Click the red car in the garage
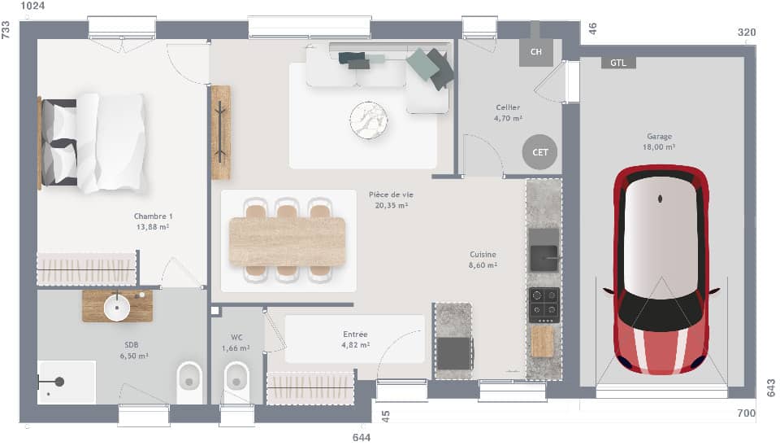coord(660,269)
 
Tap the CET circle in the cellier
coord(540,152)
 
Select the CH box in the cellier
coord(535,52)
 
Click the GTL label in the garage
coord(618,63)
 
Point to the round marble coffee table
coord(369,120)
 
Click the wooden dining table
coord(288,241)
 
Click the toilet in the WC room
coord(236,378)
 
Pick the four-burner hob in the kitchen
coord(544,305)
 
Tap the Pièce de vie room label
coord(391,200)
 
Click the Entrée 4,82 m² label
coord(354,339)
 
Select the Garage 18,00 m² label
coord(659,142)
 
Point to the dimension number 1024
coord(32,7)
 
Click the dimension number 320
coord(746,33)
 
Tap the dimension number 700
coord(746,414)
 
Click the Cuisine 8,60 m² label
coord(483,259)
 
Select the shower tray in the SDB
coord(66,382)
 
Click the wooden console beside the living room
coord(220,132)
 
